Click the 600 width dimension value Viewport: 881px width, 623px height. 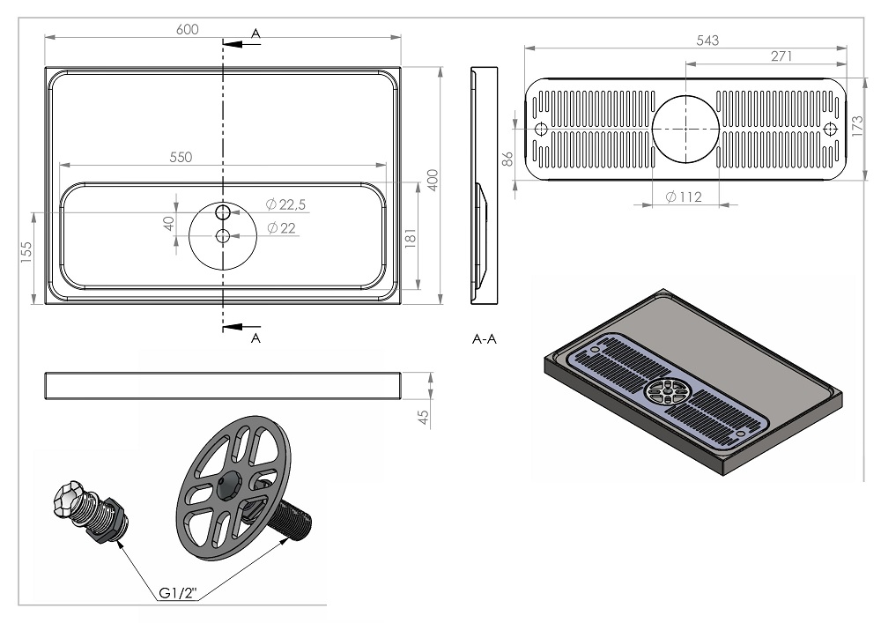[187, 29]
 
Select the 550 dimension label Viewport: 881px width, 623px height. [181, 158]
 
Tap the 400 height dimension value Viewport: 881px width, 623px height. [433, 180]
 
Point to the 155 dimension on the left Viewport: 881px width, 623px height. [26, 252]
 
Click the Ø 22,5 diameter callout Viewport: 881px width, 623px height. [285, 204]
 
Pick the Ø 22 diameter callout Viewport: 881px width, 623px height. [281, 227]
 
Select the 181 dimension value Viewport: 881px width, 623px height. [411, 238]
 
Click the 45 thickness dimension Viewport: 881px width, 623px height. [424, 417]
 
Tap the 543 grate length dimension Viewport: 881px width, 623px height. [707, 41]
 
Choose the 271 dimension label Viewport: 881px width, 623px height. [781, 56]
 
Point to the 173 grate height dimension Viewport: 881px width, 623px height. [857, 126]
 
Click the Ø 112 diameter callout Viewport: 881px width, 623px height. [684, 197]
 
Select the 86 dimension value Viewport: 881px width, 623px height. [507, 159]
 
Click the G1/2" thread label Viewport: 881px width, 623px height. [178, 593]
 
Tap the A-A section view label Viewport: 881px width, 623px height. [485, 338]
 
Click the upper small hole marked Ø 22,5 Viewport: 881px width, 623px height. [223, 211]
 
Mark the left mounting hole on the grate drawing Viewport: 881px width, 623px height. [541, 130]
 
